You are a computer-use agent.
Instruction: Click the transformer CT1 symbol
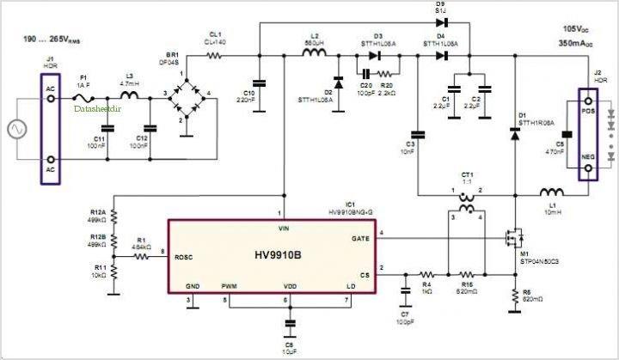pyautogui.click(x=468, y=207)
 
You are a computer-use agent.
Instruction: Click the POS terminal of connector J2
pyautogui.click(x=589, y=112)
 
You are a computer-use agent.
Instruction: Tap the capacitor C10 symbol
pyautogui.click(x=259, y=82)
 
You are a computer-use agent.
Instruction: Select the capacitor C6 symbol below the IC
pyautogui.click(x=289, y=323)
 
